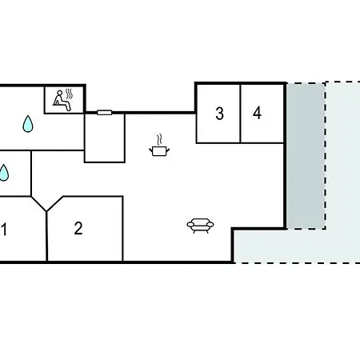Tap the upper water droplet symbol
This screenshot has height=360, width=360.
[28, 124]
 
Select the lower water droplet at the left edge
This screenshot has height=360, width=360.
[4, 174]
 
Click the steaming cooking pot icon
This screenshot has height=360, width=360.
[159, 146]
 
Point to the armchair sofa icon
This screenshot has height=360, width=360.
[200, 226]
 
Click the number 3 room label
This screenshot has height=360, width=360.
[219, 114]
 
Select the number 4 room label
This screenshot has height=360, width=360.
[257, 113]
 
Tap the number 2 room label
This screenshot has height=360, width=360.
[78, 228]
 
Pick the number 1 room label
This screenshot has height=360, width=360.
[4, 230]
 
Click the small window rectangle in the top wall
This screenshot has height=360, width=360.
[105, 113]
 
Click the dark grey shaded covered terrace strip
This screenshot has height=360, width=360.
[306, 156]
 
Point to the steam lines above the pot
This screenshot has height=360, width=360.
[159, 139]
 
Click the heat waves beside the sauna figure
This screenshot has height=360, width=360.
[69, 94]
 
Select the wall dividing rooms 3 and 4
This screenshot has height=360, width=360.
[240, 114]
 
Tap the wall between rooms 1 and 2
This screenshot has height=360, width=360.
[46, 236]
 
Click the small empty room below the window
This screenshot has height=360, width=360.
[105, 138]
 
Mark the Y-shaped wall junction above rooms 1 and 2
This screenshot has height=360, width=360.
[46, 210]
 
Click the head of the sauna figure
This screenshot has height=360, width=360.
[60, 93]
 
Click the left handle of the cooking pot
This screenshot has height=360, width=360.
[150, 150]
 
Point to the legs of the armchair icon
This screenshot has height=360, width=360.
[200, 231]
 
